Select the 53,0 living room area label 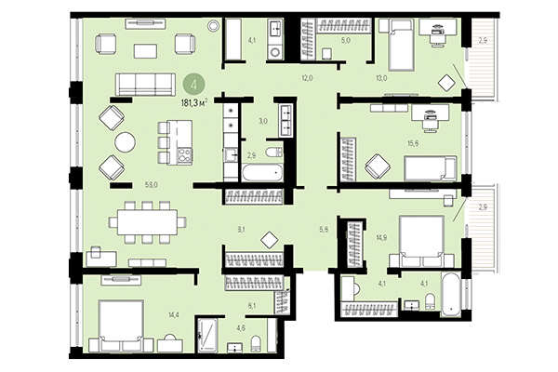[151, 185]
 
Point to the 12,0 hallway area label [307, 78]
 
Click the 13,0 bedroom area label [406, 78]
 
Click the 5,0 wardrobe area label [344, 42]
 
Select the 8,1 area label [240, 229]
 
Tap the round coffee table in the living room [124, 142]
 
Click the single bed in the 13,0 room [400, 46]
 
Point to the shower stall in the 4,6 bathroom [207, 335]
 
